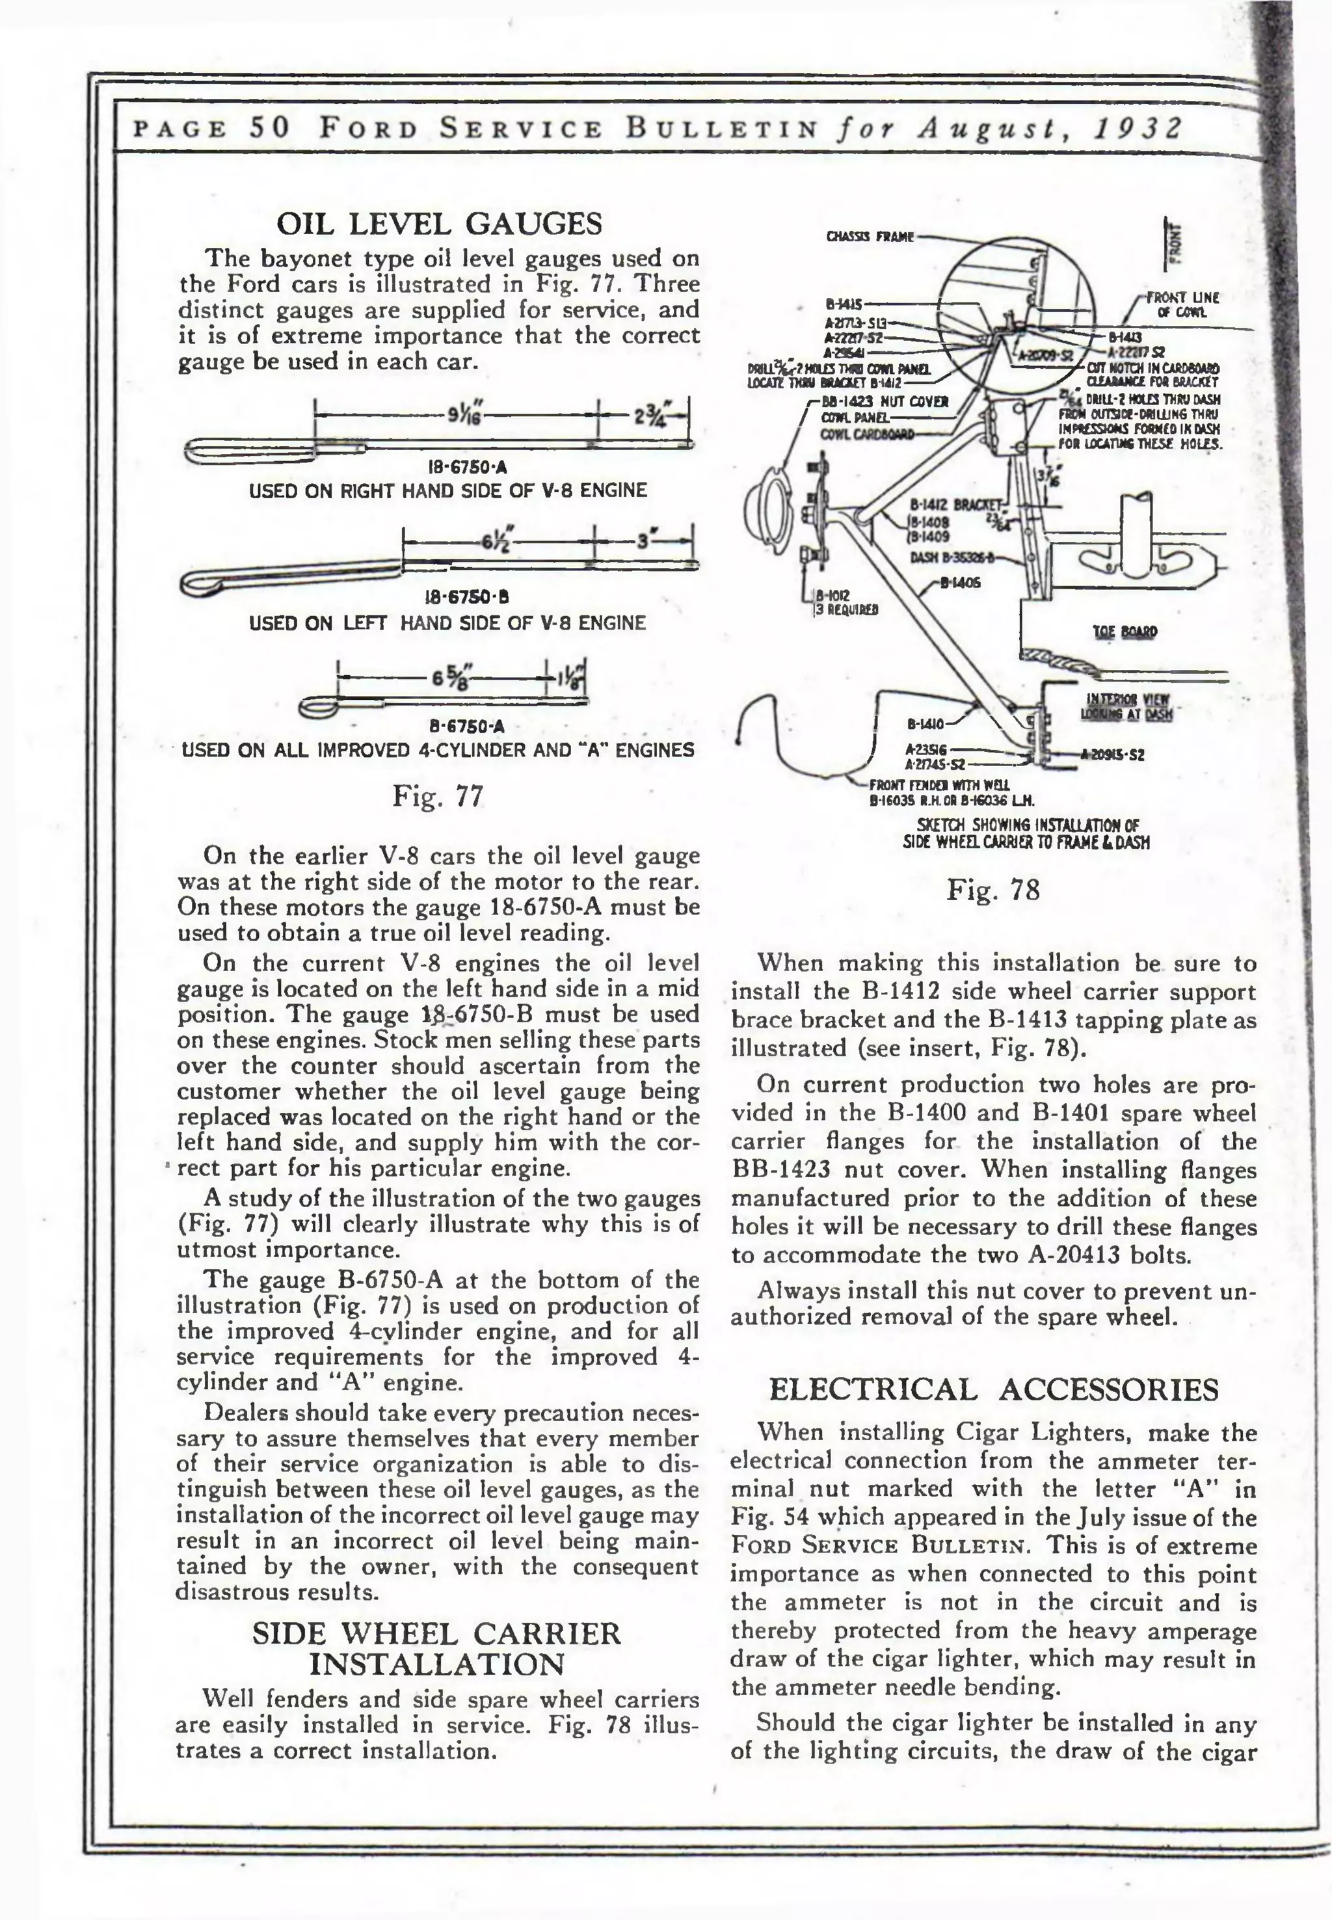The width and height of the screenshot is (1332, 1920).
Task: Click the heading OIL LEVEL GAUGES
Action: tap(439, 224)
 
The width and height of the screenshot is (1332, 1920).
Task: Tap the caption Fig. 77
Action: tap(438, 796)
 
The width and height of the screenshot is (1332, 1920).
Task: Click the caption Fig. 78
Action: tap(993, 890)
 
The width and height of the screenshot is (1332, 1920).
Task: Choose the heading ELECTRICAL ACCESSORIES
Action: tap(993, 1389)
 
